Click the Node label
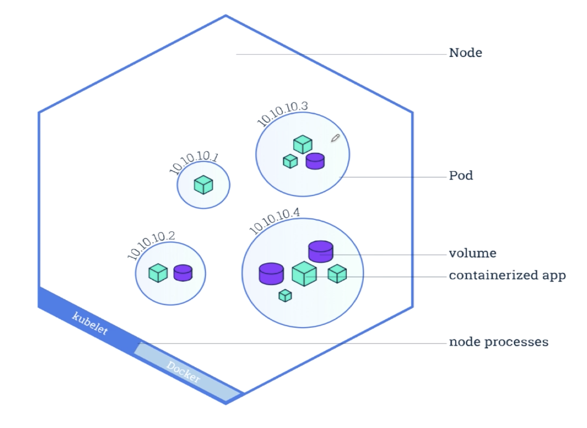(x=465, y=52)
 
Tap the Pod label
(x=461, y=175)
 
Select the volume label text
(x=472, y=253)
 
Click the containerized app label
(x=507, y=275)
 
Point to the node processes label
(x=498, y=342)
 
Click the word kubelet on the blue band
(x=90, y=323)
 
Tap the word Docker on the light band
(x=184, y=372)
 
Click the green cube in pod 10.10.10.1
(x=204, y=185)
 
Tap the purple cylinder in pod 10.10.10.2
(x=183, y=273)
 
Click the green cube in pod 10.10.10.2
(x=158, y=273)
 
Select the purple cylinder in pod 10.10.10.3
(x=315, y=161)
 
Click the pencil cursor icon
(x=335, y=138)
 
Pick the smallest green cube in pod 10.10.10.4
(x=285, y=296)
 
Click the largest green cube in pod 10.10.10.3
(x=303, y=144)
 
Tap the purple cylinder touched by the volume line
(x=321, y=251)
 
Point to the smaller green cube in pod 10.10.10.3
(x=290, y=162)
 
